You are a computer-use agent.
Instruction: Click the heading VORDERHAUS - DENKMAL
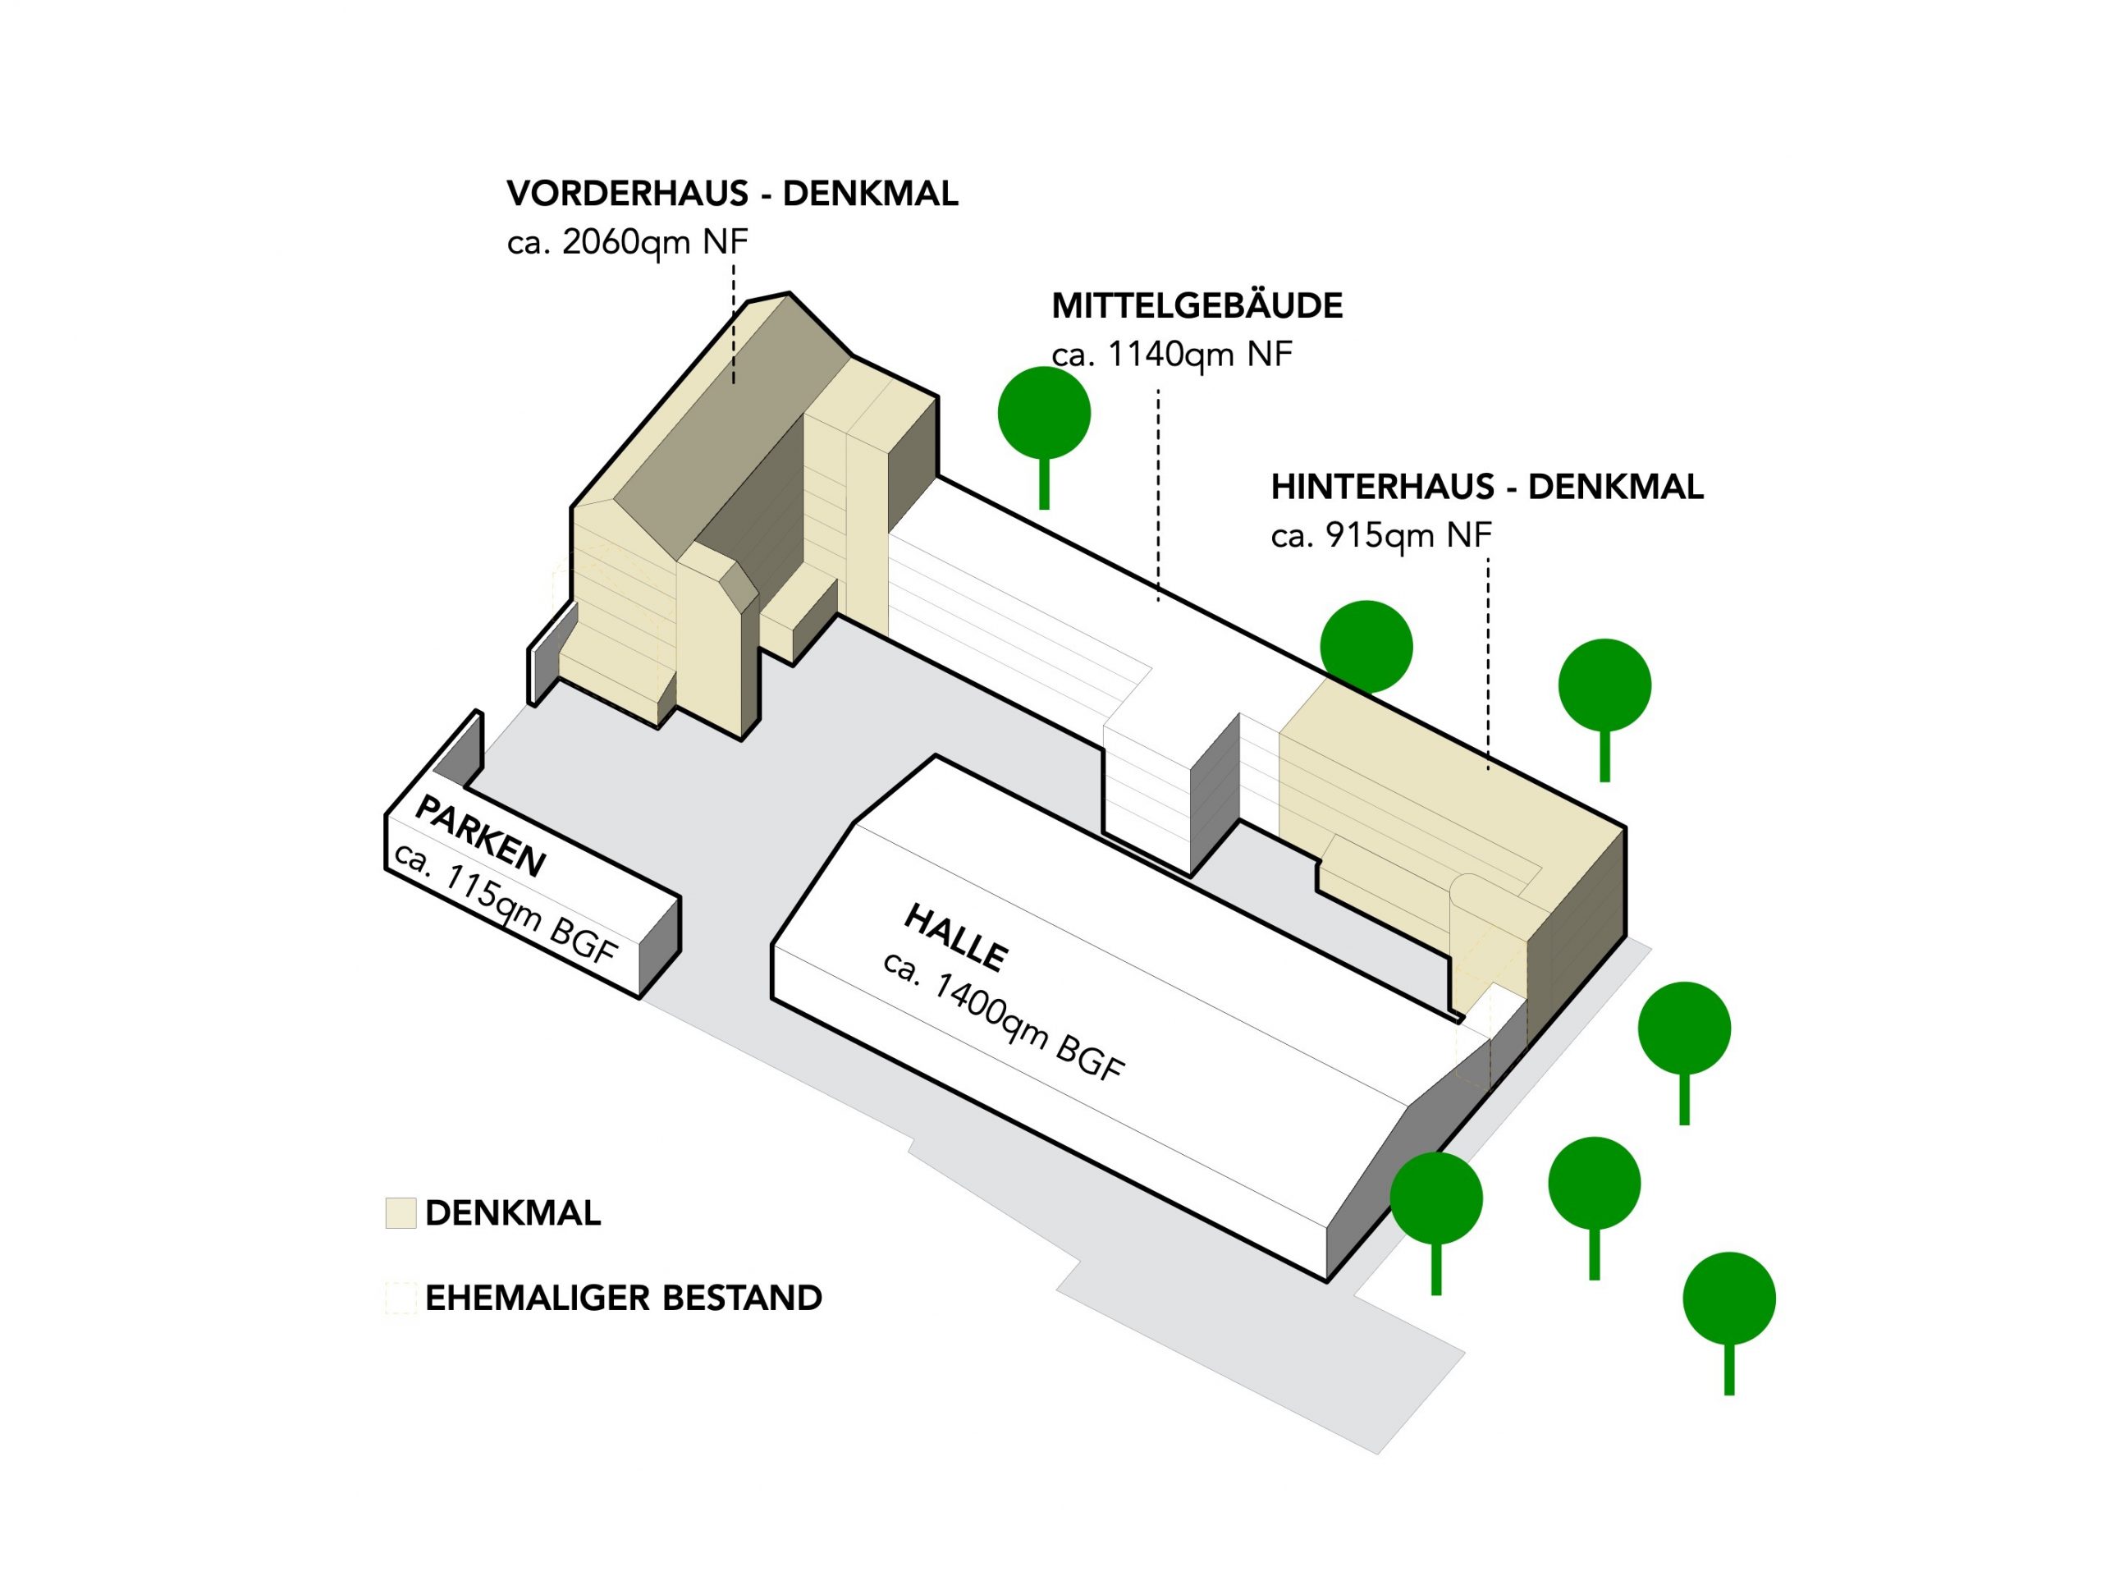tap(732, 194)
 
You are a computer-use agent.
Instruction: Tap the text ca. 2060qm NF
tap(627, 243)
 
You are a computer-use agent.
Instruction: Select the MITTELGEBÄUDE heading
tap(1197, 306)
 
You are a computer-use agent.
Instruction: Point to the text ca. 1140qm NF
tap(1171, 355)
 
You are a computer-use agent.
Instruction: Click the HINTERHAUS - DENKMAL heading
tap(1486, 488)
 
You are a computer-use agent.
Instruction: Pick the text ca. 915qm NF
tap(1380, 537)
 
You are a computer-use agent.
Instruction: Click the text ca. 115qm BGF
tap(506, 902)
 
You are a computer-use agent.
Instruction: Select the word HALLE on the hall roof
tap(955, 937)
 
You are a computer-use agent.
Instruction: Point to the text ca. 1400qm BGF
tap(1004, 1016)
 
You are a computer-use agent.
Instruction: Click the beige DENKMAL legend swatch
tap(401, 1213)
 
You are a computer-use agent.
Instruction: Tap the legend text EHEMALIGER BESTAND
tap(623, 1298)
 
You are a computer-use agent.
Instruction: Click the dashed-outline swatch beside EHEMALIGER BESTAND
tap(401, 1298)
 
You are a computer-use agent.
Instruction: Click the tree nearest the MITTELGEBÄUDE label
tap(1044, 415)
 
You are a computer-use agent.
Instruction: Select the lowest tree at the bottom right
tap(1728, 1299)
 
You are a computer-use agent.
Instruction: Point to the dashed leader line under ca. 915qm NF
tap(1487, 665)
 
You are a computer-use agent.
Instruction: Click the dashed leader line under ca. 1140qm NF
tap(1158, 494)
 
